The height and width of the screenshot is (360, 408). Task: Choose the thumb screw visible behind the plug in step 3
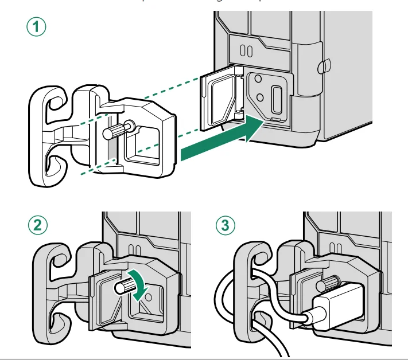click(332, 283)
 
